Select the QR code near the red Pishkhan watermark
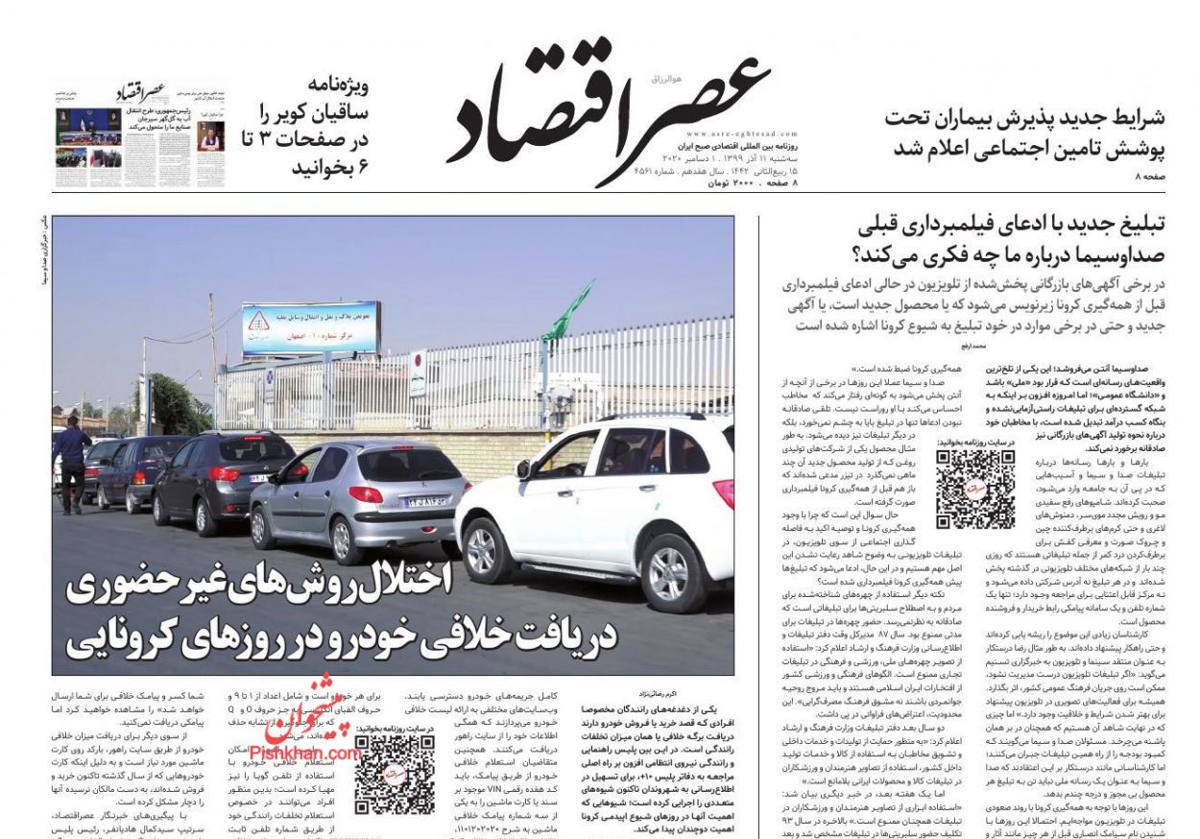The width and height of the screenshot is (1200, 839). [x=394, y=774]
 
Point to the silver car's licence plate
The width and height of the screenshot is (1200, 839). [x=425, y=500]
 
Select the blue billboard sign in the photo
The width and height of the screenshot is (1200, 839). [x=309, y=329]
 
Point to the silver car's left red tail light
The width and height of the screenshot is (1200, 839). [x=365, y=494]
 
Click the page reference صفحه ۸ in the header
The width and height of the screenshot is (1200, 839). [x=1150, y=179]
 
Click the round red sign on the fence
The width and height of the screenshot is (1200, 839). [x=418, y=360]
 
